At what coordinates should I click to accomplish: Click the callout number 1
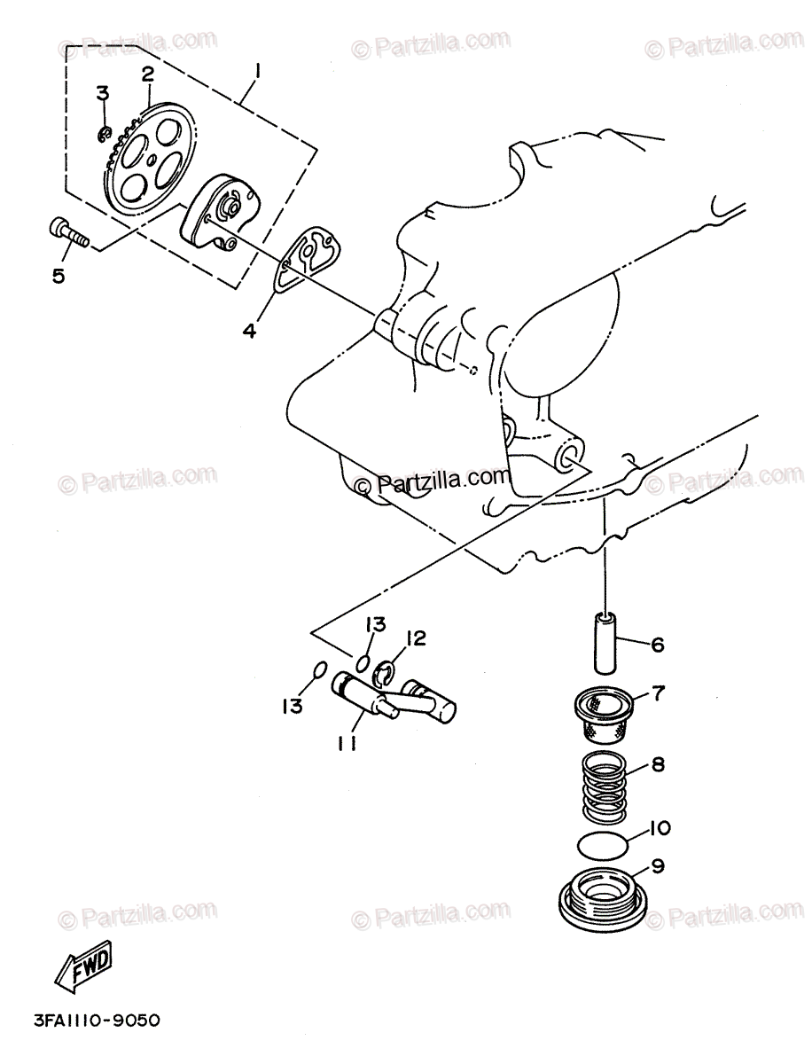(x=257, y=69)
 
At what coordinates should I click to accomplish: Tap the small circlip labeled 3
(x=104, y=135)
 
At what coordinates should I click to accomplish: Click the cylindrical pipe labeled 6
(x=607, y=642)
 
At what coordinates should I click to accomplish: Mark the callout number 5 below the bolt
(x=59, y=276)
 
